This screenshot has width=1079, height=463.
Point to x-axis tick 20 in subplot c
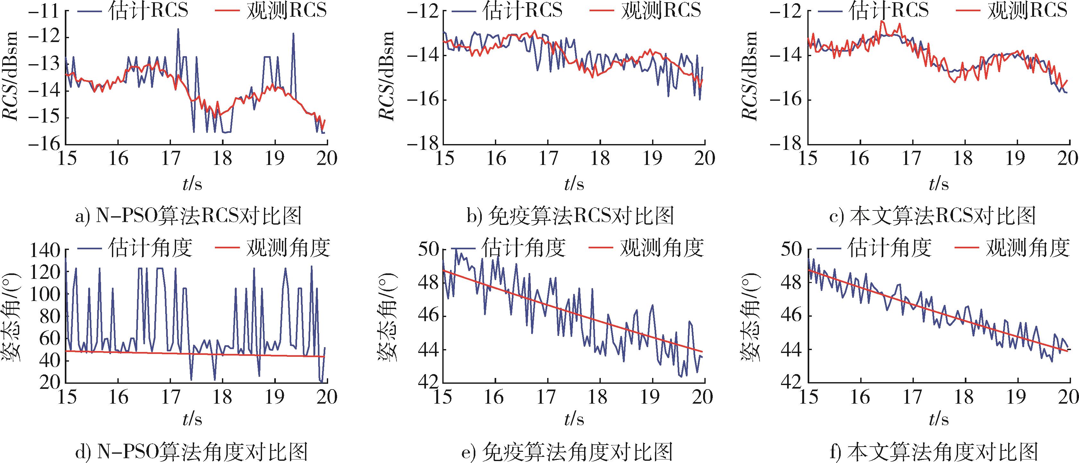(1068, 159)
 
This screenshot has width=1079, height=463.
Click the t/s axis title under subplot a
(192, 184)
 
